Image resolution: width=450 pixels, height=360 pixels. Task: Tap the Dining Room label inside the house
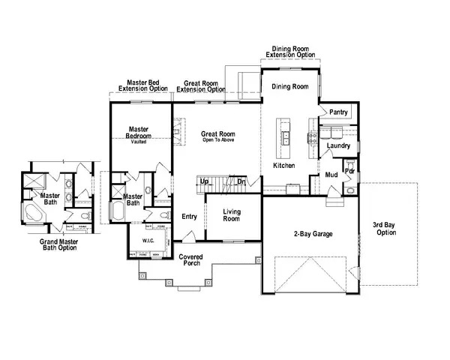tap(289, 87)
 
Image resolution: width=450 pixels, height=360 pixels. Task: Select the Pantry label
tap(339, 112)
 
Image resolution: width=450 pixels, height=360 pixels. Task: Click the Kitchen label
tap(283, 165)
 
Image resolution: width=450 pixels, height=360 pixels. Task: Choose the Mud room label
tap(331, 175)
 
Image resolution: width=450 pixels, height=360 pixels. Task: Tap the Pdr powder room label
tap(349, 171)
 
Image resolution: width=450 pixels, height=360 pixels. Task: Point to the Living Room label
tap(232, 215)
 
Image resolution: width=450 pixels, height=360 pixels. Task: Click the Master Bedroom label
tap(140, 133)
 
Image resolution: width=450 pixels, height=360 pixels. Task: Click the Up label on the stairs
tap(204, 181)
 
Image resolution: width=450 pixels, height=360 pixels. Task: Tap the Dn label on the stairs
tap(241, 181)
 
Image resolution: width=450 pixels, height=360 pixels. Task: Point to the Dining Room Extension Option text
tap(291, 52)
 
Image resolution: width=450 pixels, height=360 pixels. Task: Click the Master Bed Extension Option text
tap(142, 85)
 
